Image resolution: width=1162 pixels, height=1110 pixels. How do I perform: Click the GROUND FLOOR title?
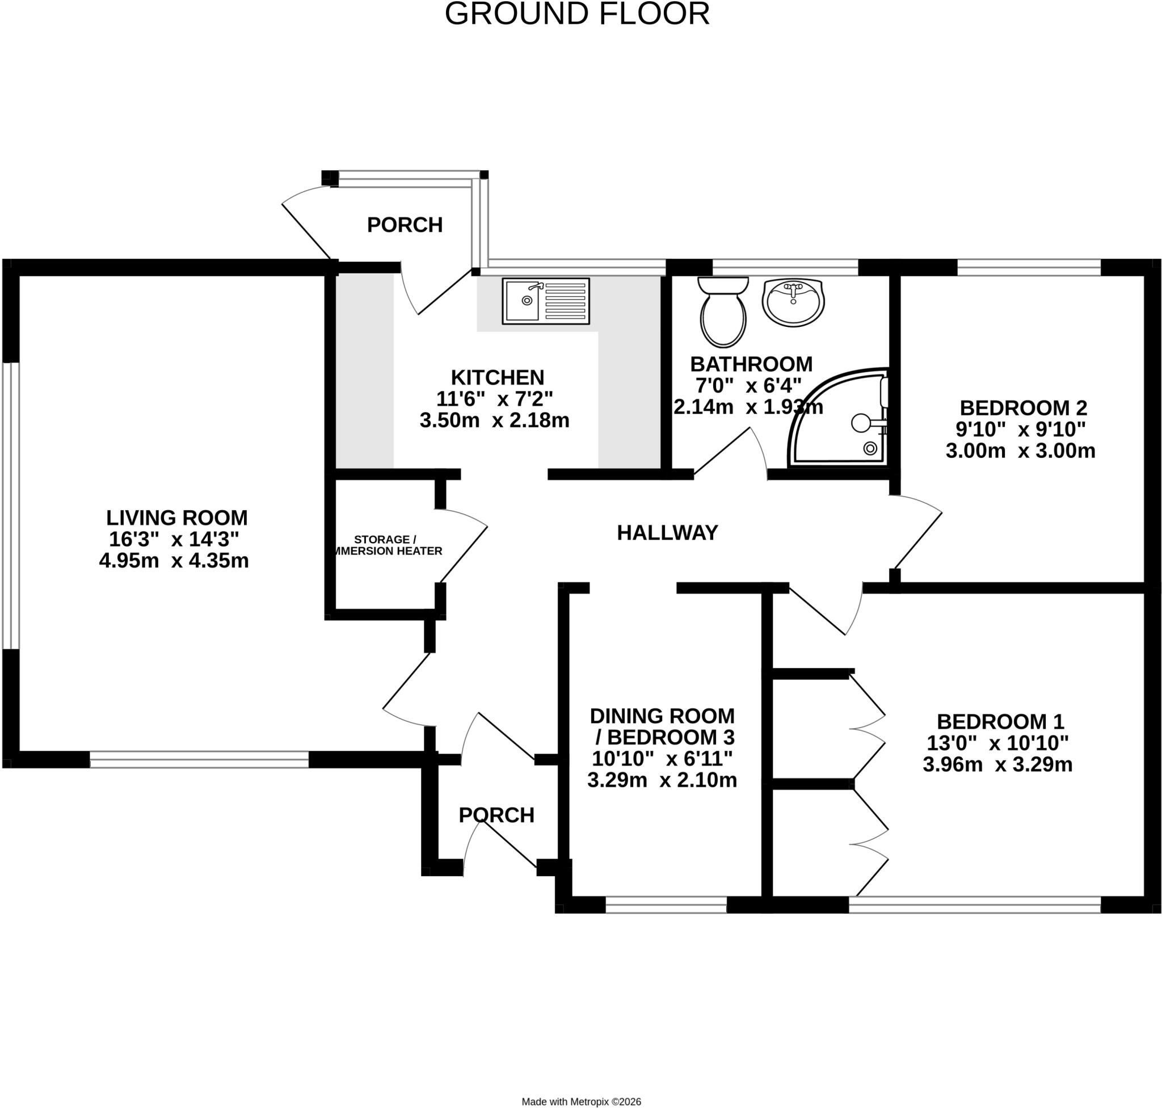coord(577,14)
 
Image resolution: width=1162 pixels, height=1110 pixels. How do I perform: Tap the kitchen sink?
coord(545,301)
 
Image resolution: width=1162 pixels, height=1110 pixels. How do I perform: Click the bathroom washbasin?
coord(793,302)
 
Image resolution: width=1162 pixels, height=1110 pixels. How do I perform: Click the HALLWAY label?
coord(667,532)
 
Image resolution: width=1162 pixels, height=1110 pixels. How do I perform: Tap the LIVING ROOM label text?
coord(177,518)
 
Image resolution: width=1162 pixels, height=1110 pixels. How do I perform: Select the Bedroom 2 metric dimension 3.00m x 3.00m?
coord(1021,451)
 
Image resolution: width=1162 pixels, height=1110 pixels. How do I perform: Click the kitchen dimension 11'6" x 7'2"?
coord(495,399)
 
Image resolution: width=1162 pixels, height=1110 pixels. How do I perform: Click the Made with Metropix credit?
coord(581,1101)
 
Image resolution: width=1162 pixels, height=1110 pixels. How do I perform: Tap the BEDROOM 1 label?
coord(1000,722)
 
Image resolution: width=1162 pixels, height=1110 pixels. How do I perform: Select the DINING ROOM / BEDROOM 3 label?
coord(663,726)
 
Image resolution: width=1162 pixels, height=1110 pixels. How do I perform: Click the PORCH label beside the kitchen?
coord(405,225)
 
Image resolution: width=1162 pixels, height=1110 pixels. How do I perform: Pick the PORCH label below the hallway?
coord(496,815)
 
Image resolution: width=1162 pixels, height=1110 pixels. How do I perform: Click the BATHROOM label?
coord(751,363)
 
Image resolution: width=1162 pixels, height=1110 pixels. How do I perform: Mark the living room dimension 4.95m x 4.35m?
coord(174,560)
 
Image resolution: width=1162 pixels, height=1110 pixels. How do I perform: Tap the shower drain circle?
coord(870,448)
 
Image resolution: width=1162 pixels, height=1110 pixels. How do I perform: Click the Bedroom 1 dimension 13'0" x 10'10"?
coord(997,743)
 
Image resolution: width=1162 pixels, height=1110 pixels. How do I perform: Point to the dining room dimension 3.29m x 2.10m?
coord(662,780)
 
